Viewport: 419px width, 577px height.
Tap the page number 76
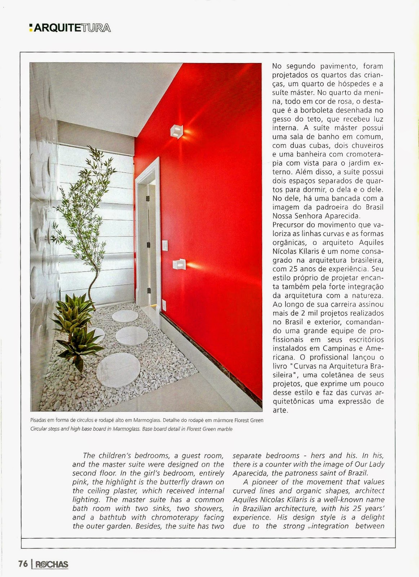(x=23, y=563)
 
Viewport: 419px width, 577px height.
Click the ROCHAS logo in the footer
(x=51, y=564)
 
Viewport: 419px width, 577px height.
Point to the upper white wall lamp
(x=176, y=131)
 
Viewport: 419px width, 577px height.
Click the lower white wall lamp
(x=179, y=264)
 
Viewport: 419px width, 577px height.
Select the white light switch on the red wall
(x=164, y=245)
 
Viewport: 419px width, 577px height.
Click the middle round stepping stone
(x=132, y=336)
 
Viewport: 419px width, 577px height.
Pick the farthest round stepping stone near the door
(x=125, y=316)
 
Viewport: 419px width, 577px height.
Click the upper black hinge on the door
(x=147, y=198)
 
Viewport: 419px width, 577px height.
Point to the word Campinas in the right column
(x=334, y=348)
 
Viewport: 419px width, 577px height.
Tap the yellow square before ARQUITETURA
(x=31, y=27)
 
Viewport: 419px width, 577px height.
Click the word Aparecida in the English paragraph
(x=248, y=473)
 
